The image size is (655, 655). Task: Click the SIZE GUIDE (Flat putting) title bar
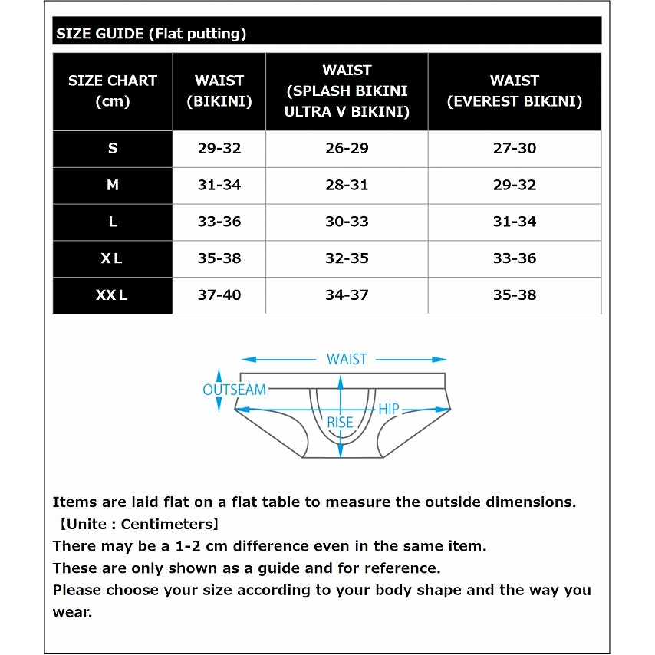click(x=327, y=34)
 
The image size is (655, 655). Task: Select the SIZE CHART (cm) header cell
click(x=113, y=91)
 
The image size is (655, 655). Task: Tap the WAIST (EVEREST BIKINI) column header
click(x=515, y=91)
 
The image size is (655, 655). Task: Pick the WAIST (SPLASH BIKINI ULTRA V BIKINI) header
click(x=347, y=91)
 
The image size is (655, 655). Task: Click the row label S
click(x=113, y=149)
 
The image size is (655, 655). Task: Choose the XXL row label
click(x=112, y=295)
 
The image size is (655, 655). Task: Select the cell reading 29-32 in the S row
click(x=219, y=149)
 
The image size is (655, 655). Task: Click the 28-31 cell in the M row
click(x=347, y=185)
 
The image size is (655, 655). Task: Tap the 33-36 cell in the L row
click(x=219, y=222)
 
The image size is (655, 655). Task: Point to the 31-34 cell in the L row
click(x=515, y=222)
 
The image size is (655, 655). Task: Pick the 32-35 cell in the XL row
click(x=347, y=258)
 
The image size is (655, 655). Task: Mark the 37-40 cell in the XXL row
click(x=219, y=295)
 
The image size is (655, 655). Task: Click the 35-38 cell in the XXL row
click(x=515, y=295)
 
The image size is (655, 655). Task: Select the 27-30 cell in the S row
click(x=515, y=149)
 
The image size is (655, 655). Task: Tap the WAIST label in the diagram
click(x=347, y=359)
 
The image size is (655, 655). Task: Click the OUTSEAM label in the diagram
click(x=234, y=390)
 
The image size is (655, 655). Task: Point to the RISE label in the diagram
click(x=341, y=423)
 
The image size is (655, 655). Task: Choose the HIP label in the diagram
click(x=389, y=409)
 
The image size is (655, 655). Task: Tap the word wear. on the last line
click(x=72, y=612)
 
